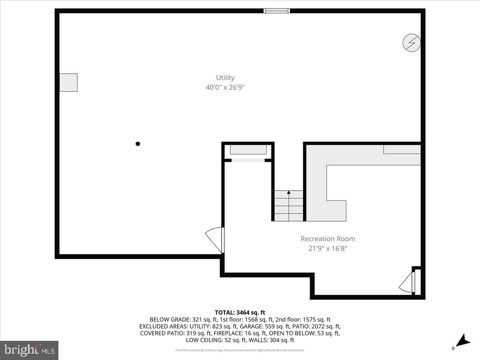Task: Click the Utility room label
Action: coord(225,78)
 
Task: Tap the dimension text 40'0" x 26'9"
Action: coord(225,87)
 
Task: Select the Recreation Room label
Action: coord(328,239)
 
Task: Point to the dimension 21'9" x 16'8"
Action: coord(328,248)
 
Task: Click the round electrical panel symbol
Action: coord(412,43)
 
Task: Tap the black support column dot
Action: coord(138,144)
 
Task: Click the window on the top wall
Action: coord(277,11)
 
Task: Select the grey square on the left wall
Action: coord(68,82)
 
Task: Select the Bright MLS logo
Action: coord(29,350)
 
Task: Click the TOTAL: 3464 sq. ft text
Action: coord(240,312)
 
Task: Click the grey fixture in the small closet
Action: coord(248,150)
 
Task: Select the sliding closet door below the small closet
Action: coord(248,160)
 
